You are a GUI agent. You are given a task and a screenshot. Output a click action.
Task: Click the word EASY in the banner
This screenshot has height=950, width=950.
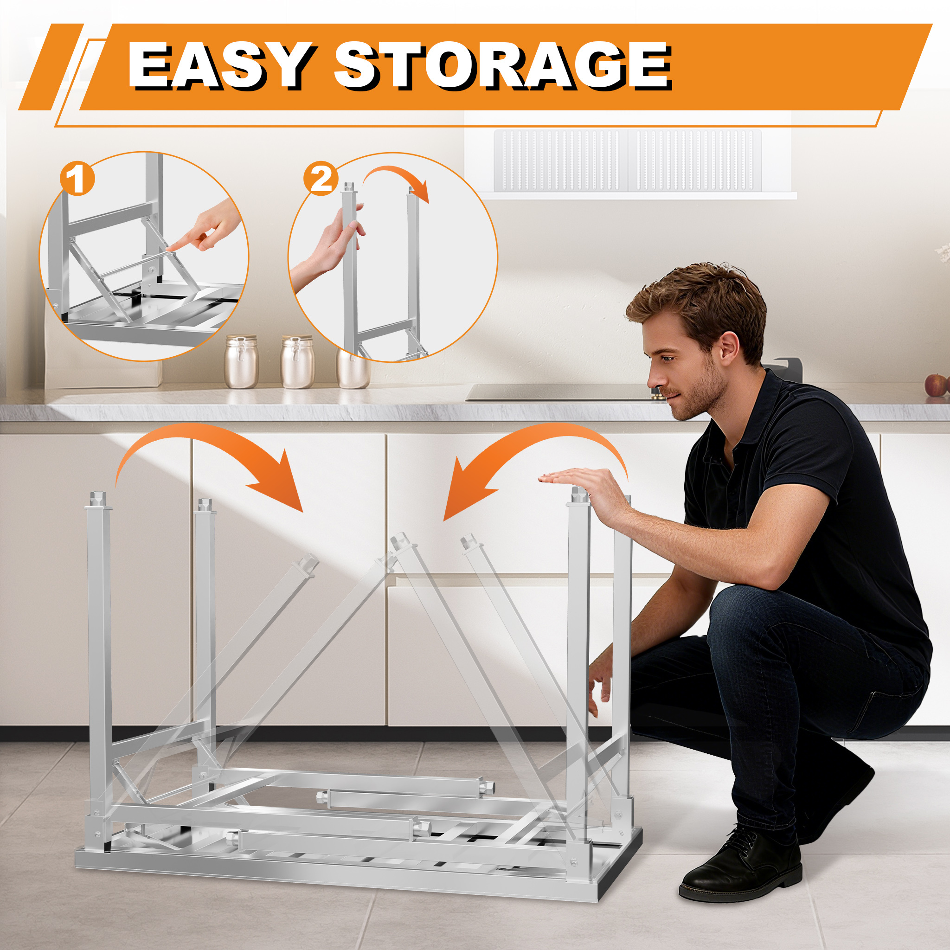point(220,66)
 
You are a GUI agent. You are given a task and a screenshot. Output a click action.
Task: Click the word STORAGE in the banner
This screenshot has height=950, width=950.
point(502,66)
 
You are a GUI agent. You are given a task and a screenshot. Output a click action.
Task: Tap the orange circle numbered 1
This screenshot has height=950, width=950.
point(77,180)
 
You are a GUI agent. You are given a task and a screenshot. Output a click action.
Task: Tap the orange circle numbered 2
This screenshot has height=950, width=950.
point(321,179)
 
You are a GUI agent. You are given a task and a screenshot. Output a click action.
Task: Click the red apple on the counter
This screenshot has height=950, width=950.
point(935,385)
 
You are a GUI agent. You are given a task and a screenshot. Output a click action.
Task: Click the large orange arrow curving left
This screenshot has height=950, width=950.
point(536,445)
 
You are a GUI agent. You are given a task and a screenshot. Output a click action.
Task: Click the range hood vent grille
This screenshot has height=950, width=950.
point(628,160)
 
